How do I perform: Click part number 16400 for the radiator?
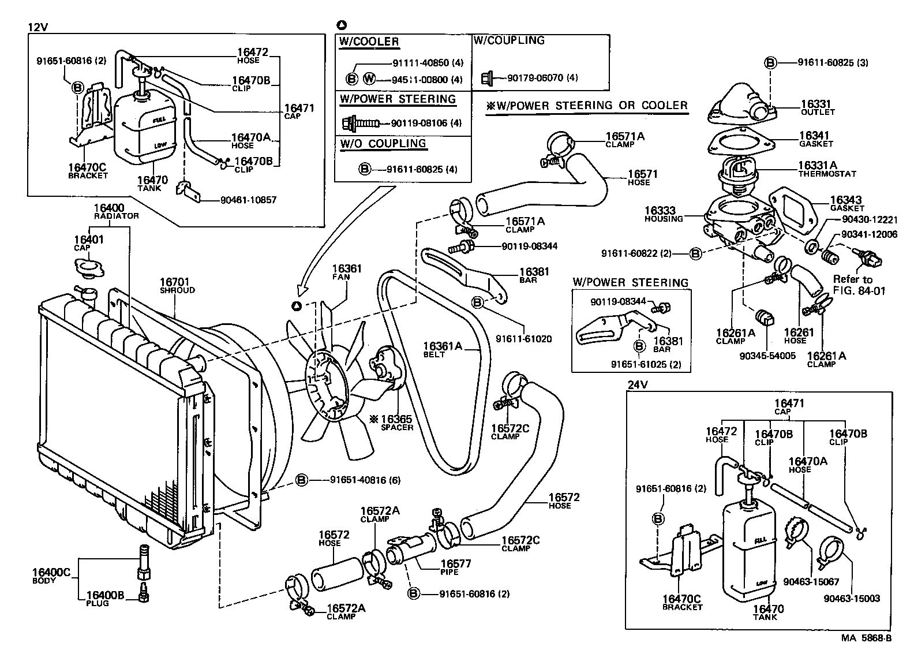(108, 208)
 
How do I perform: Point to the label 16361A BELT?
(443, 349)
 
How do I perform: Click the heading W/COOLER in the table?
(369, 42)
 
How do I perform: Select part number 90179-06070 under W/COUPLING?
(534, 77)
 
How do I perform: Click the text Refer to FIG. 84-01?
(858, 285)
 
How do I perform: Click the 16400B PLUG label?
(105, 599)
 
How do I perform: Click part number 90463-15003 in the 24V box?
(852, 599)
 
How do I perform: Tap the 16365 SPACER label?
(395, 422)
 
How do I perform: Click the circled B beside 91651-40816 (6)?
(301, 480)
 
